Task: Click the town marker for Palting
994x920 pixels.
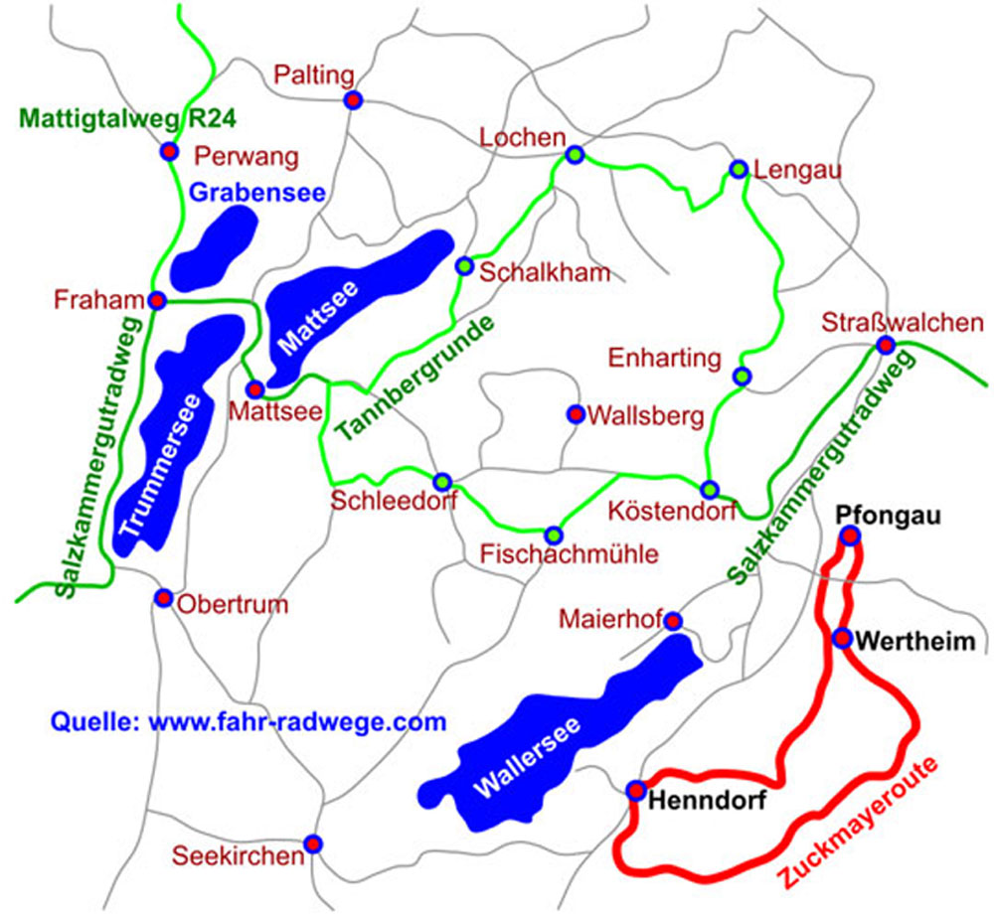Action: click(x=353, y=99)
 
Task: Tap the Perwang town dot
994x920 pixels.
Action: click(x=170, y=151)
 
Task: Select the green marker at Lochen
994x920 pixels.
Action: click(x=575, y=154)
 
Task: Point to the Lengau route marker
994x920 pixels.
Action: click(x=739, y=169)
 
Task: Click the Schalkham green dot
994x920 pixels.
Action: click(x=464, y=265)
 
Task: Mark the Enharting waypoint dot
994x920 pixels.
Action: click(x=742, y=376)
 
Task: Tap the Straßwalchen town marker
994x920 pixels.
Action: click(x=885, y=345)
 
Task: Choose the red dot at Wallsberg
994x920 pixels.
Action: click(x=575, y=413)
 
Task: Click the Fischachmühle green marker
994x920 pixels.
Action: click(x=554, y=536)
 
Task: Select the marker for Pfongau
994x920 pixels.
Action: click(x=850, y=537)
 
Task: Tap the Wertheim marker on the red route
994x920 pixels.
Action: click(x=842, y=638)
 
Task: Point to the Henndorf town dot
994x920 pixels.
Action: click(x=635, y=791)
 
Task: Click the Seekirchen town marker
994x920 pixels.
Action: click(x=313, y=843)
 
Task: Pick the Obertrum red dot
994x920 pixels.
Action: click(x=164, y=597)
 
